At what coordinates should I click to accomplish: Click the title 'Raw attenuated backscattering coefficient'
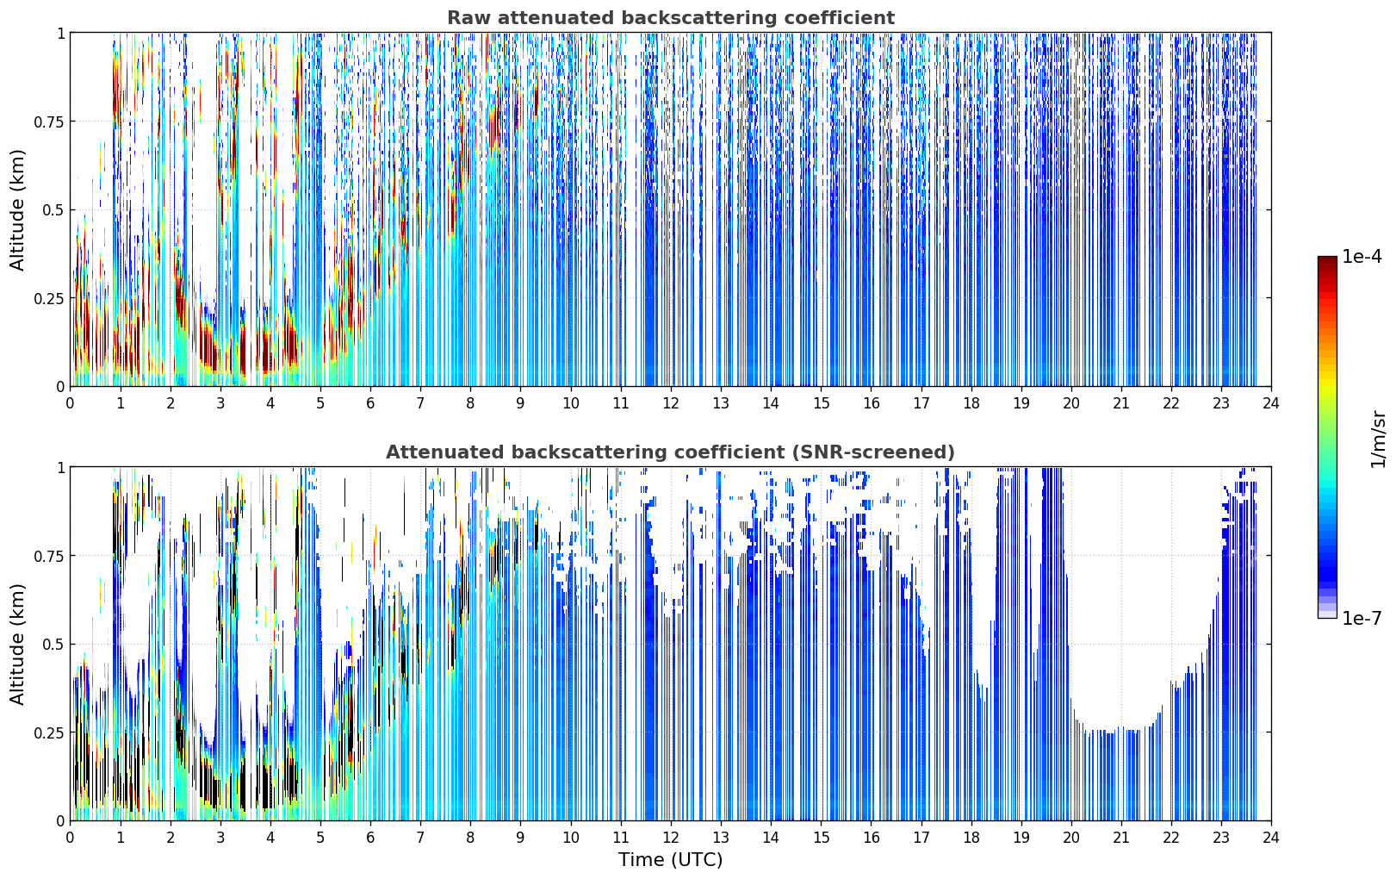[x=671, y=17]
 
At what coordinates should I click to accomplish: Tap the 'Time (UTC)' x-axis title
[x=671, y=860]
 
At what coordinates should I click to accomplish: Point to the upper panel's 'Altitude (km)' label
[x=17, y=209]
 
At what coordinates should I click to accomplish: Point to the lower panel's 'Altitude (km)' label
[x=17, y=644]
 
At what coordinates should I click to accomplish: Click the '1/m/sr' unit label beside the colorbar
[x=1378, y=439]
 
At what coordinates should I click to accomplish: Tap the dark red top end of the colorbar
[x=1327, y=259]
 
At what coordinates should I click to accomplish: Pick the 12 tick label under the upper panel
[x=671, y=403]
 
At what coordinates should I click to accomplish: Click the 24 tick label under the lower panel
[x=1271, y=838]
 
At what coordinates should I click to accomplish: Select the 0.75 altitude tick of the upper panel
[x=47, y=122]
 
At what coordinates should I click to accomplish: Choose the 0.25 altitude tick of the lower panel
[x=47, y=732]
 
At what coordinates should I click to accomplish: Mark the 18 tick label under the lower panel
[x=971, y=838]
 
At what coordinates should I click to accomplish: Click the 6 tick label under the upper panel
[x=370, y=403]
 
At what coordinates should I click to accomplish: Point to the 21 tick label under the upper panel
[x=1121, y=403]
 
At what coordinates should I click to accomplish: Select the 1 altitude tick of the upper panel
[x=60, y=33]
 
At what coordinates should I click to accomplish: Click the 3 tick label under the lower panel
[x=220, y=838]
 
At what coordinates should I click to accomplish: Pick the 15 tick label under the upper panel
[x=821, y=403]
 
